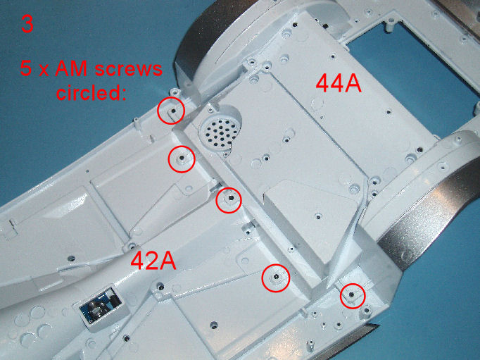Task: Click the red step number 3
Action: click(27, 25)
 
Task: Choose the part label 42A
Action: click(153, 261)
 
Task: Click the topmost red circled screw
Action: click(170, 111)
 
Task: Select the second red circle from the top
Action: click(182, 159)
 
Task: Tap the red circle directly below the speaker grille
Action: click(228, 200)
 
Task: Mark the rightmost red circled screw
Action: click(352, 296)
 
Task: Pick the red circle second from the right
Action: click(274, 278)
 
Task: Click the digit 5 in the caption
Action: click(26, 70)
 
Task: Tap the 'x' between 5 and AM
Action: click(43, 71)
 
